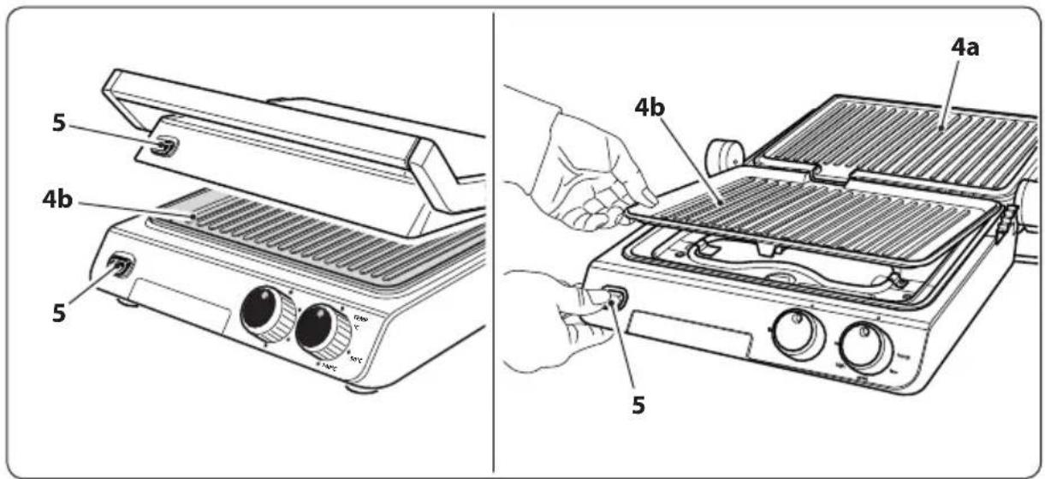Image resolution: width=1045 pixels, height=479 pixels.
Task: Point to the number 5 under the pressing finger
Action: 638,404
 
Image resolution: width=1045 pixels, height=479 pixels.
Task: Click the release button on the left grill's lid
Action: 161,148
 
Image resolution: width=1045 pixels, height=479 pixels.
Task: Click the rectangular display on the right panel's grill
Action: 689,334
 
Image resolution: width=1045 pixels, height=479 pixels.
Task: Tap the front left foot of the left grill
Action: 126,302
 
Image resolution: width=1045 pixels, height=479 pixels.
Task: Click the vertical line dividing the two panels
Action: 494,240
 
